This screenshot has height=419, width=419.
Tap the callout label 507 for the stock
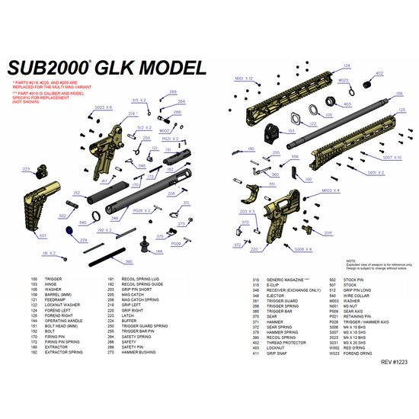(x=43, y=235)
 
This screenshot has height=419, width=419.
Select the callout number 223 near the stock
(x=27, y=168)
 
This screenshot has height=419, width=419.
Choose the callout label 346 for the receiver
(x=114, y=218)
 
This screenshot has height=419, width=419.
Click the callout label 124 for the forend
(x=347, y=66)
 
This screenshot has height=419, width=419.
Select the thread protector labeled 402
(x=379, y=75)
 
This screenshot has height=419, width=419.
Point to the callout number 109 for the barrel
(x=398, y=94)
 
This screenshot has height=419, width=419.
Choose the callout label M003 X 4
(x=331, y=190)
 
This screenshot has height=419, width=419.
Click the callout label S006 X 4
(x=303, y=249)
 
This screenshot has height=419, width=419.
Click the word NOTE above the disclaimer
(x=350, y=261)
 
